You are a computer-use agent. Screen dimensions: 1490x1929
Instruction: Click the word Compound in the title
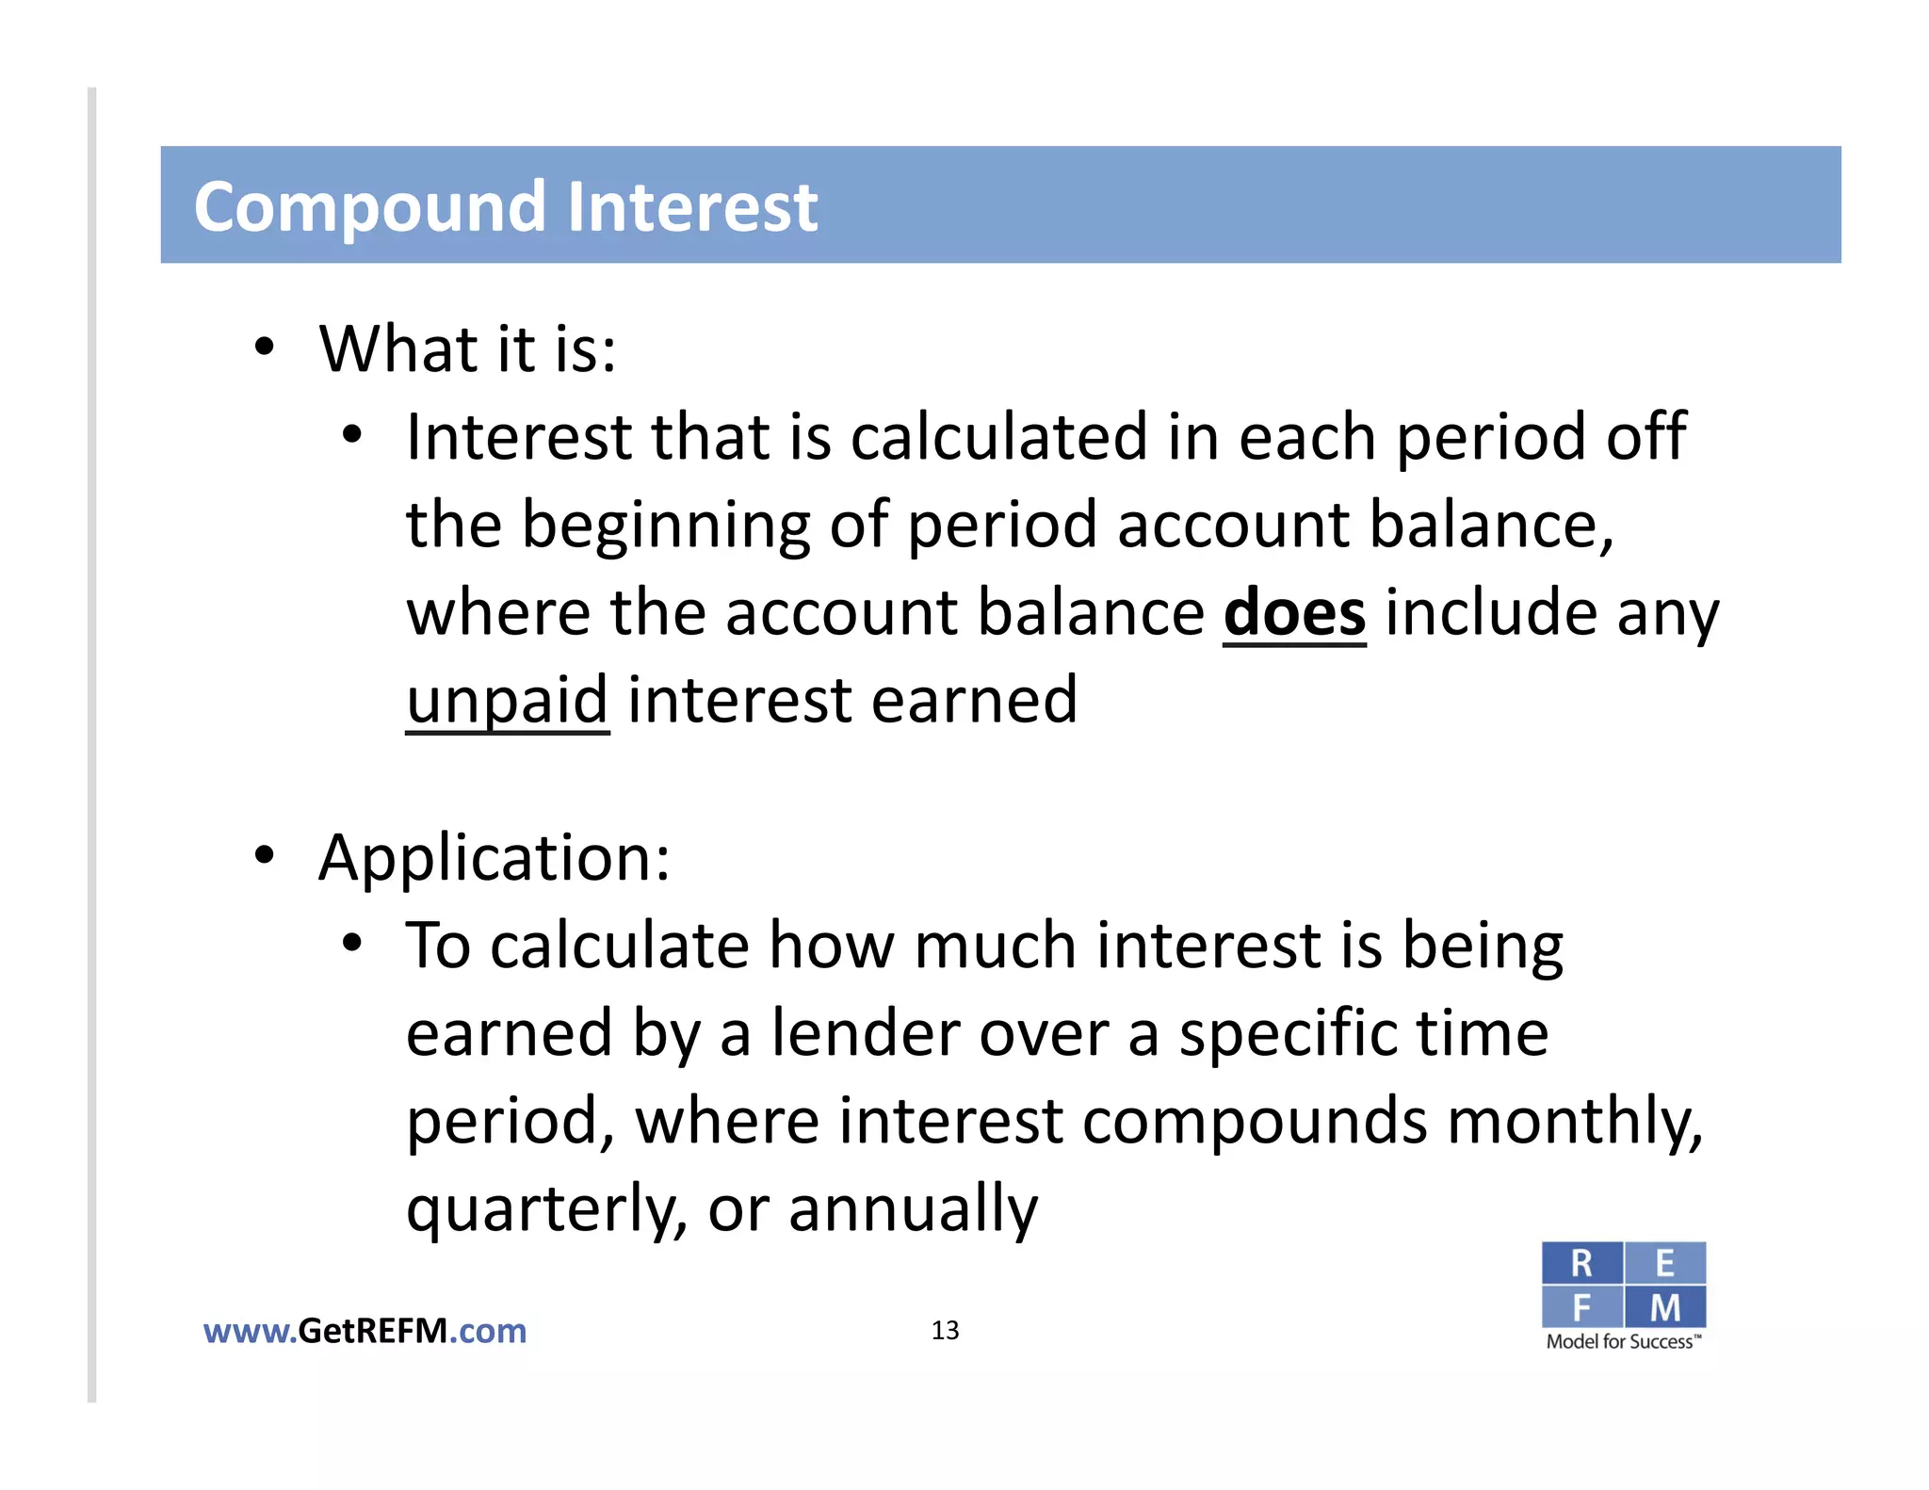(x=368, y=207)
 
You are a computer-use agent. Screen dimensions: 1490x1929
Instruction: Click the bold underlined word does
(x=1294, y=613)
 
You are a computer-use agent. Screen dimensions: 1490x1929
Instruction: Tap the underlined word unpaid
(x=507, y=701)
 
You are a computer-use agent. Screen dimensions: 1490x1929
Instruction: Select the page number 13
(x=945, y=1330)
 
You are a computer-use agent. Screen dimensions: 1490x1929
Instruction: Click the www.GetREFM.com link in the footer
(x=365, y=1331)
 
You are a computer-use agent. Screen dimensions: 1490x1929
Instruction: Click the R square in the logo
(x=1581, y=1263)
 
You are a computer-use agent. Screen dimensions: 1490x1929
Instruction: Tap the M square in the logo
(x=1664, y=1307)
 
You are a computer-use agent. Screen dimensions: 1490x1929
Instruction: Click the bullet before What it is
(x=265, y=348)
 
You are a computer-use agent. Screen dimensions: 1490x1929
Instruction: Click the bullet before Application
(x=265, y=855)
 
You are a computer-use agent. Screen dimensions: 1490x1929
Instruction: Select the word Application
(x=494, y=857)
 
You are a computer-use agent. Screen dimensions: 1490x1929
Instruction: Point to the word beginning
(x=664, y=526)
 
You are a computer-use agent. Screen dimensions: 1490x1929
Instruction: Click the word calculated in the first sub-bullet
(x=998, y=438)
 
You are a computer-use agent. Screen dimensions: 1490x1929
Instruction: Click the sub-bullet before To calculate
(x=352, y=943)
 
